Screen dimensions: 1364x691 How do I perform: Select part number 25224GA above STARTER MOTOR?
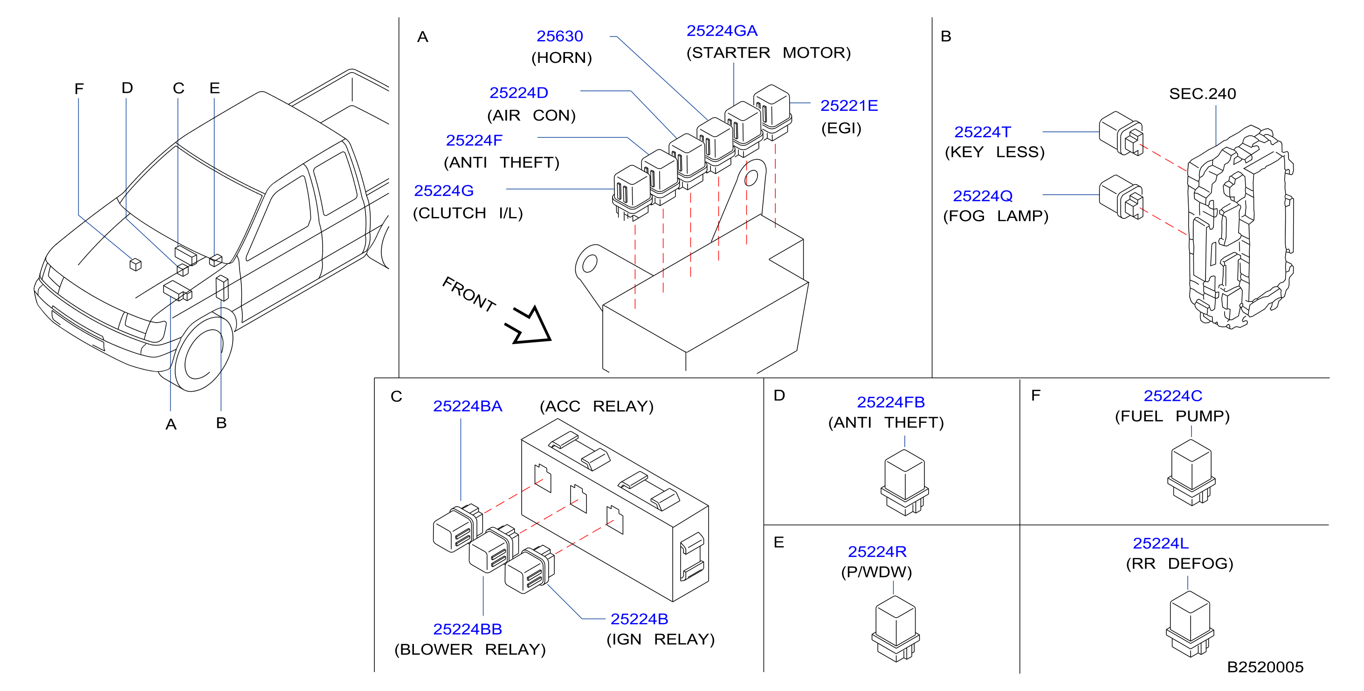pos(722,31)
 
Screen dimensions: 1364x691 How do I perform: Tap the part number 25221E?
pos(849,105)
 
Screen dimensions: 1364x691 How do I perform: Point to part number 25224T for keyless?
pos(982,132)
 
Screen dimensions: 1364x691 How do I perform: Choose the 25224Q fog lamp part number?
pos(983,196)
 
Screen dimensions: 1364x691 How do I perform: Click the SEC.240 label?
pos(1203,94)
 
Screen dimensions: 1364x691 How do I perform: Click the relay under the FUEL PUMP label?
pos(1192,472)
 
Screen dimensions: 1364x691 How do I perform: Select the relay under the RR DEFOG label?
pos(1190,624)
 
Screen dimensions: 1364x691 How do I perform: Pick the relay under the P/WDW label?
pos(896,629)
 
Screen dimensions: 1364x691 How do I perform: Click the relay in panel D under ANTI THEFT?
pos(904,482)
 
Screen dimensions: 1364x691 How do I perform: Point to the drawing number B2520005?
pos(1265,667)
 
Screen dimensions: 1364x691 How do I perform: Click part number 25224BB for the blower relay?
pos(467,629)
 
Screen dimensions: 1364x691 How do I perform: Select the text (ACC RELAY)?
pos(596,406)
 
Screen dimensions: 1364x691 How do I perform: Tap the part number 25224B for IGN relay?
pos(639,618)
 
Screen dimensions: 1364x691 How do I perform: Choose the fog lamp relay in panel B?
pos(1121,197)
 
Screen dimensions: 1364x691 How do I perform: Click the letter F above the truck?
pos(79,89)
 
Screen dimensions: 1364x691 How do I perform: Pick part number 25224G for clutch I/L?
pos(444,190)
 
